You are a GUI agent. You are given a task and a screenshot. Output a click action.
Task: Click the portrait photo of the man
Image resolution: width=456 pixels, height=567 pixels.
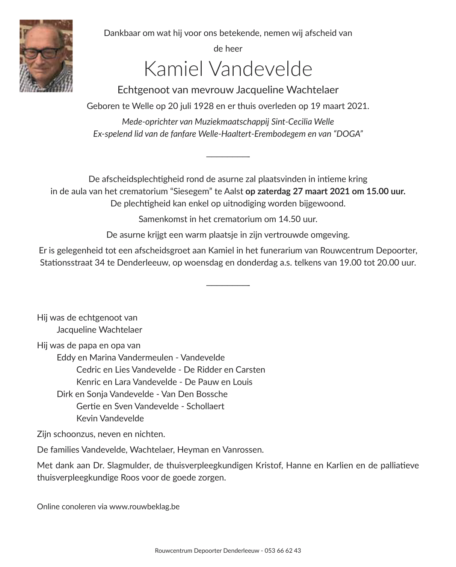pyautogui.click(x=46, y=56)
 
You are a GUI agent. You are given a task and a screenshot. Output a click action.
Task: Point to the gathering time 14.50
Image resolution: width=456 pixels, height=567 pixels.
pyautogui.click(x=288, y=219)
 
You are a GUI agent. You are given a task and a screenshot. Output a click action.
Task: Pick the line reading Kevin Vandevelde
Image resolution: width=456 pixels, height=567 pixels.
pyautogui.click(x=110, y=418)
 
